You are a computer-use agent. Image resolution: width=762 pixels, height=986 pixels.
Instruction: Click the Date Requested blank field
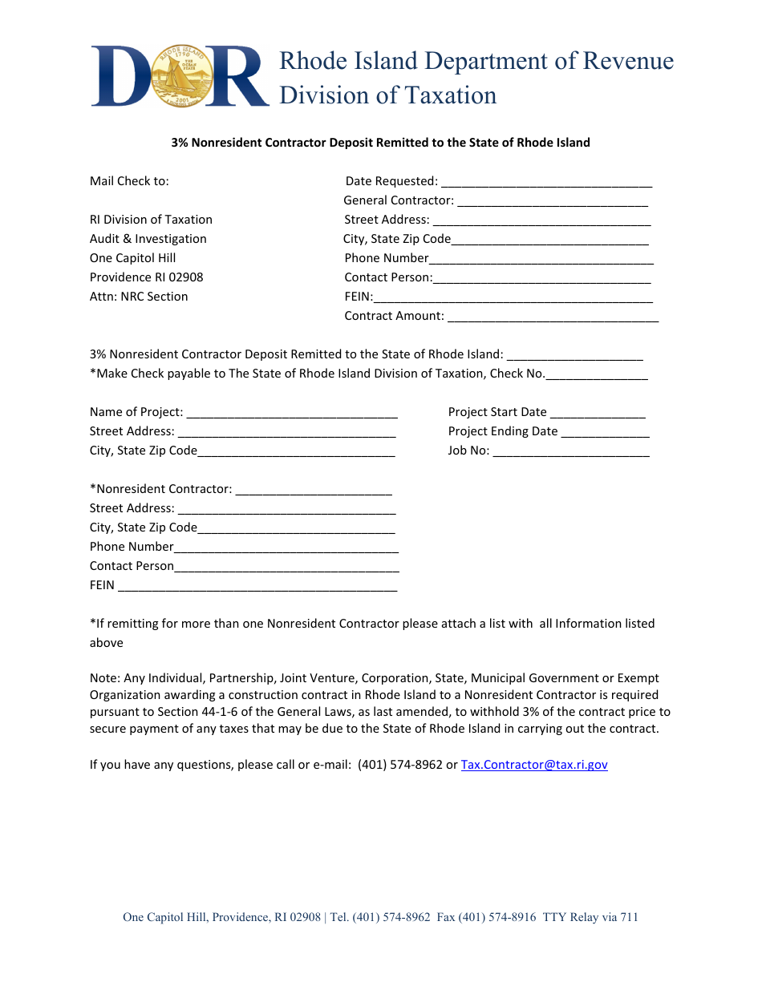coord(546,182)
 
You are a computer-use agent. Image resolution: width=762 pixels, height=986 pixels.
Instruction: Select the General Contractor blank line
coord(553,201)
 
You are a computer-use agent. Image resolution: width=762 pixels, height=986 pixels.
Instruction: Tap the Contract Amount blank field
coord(553,317)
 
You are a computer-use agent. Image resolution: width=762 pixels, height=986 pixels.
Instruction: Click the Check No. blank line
coord(597,374)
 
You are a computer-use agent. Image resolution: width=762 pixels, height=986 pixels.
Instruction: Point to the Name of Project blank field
coord(292,413)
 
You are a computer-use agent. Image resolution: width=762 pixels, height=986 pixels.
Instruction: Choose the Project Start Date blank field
coord(598,413)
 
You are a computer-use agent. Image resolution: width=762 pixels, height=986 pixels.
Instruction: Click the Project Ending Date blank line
coord(605,432)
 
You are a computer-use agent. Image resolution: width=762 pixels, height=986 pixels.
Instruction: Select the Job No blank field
coord(571,451)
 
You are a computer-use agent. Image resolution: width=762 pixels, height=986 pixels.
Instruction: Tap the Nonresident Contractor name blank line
coord(314,490)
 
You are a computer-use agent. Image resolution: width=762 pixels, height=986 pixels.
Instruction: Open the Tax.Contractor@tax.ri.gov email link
coord(534,765)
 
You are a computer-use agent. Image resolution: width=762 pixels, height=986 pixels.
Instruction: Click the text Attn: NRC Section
coord(139,297)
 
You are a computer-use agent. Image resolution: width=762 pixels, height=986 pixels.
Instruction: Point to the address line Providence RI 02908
coord(147,277)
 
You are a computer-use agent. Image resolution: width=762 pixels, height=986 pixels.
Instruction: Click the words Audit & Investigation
coord(148,239)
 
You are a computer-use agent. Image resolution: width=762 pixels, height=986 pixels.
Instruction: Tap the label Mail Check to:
coord(129,181)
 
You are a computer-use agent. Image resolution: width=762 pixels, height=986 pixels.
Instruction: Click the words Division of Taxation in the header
coord(387,95)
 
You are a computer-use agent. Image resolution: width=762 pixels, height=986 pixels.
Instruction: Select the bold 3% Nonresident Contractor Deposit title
coord(380,143)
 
